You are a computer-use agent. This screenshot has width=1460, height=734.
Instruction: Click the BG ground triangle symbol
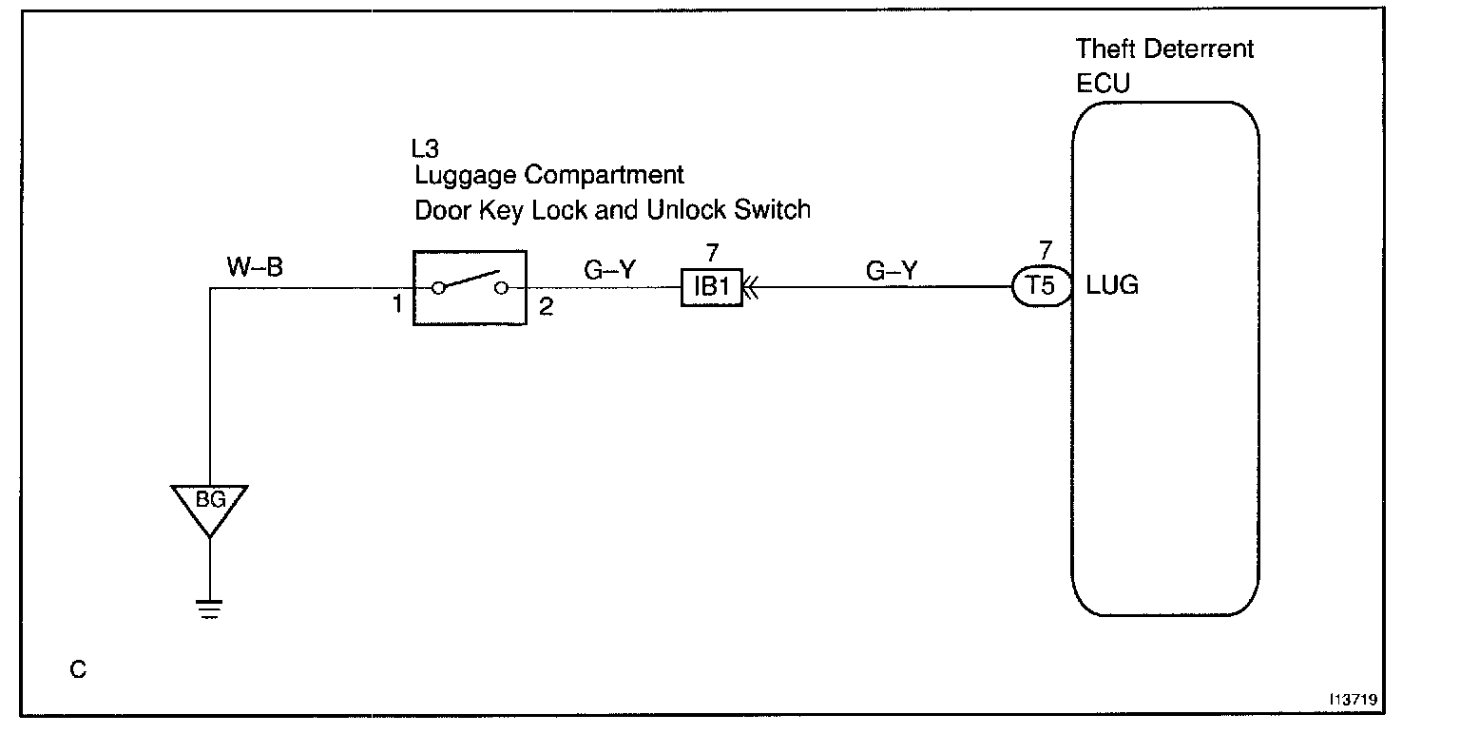tap(209, 504)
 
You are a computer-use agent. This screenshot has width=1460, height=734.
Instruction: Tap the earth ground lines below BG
tap(209, 608)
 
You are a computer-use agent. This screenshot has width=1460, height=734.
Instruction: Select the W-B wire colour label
tap(254, 269)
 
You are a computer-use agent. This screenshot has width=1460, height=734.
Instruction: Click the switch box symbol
tap(470, 288)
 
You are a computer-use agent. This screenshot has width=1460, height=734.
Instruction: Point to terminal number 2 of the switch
tap(546, 308)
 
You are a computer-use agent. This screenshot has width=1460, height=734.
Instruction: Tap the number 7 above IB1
tap(711, 253)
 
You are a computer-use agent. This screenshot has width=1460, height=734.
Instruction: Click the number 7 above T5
tap(1045, 252)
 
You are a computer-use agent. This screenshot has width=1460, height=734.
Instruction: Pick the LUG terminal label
tap(1112, 285)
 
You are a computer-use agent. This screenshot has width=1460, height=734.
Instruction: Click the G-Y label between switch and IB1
tap(609, 269)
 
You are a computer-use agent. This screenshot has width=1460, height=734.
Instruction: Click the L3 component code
tap(425, 148)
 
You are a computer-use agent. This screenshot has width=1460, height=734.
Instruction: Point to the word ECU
tap(1103, 83)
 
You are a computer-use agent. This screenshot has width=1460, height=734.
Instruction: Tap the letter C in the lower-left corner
tap(78, 670)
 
